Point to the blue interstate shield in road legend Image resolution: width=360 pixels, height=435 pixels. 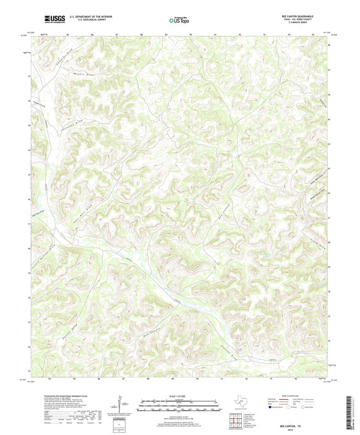coord(273,407)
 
